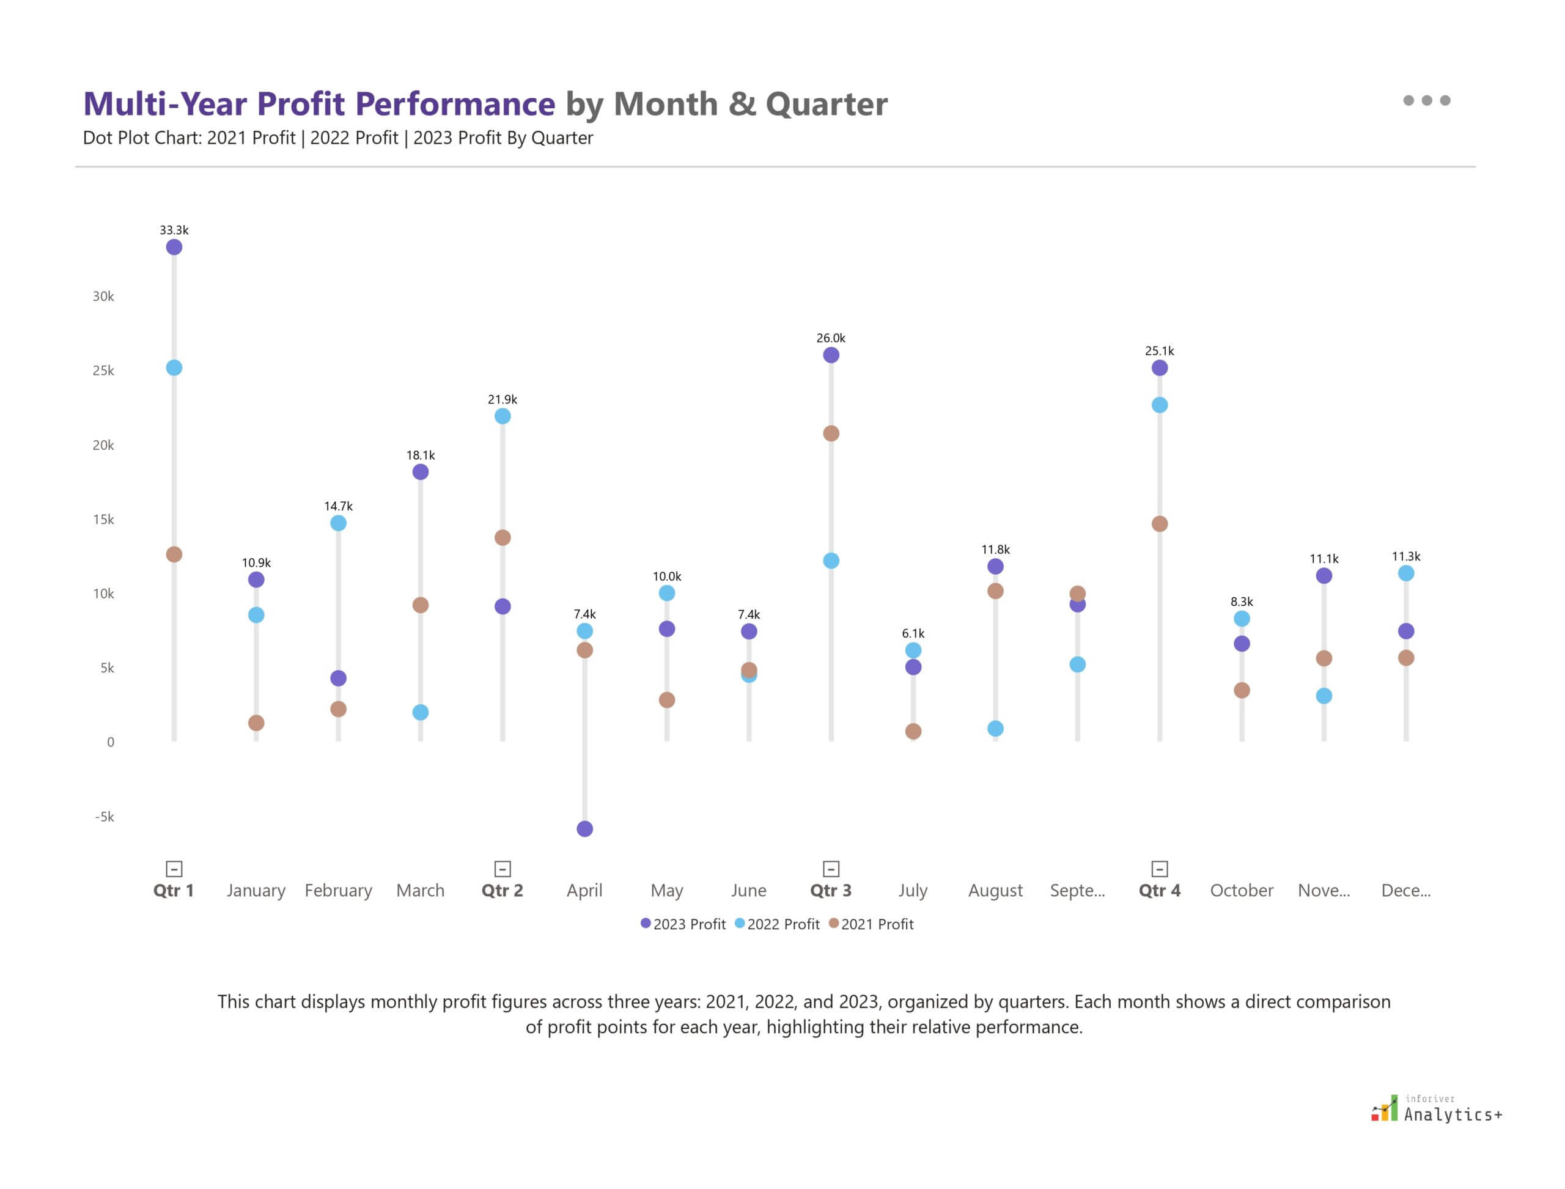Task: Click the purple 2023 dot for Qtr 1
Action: [x=174, y=247]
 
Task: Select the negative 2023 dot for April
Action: [x=584, y=829]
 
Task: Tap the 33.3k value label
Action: [x=174, y=230]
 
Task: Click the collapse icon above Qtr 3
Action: [x=831, y=869]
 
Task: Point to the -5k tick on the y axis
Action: [x=105, y=817]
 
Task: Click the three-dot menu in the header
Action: [x=1426, y=100]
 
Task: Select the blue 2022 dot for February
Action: [x=338, y=523]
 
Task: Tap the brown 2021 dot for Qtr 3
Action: [x=831, y=433]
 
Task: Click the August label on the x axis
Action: [x=995, y=890]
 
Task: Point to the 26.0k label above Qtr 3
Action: [x=831, y=338]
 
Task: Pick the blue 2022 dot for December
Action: [x=1405, y=573]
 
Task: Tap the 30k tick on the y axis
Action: [x=103, y=296]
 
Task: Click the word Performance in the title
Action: [x=454, y=104]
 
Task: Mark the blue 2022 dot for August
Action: [x=995, y=728]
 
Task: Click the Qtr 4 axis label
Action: [x=1160, y=890]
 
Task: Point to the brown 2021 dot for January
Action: [x=256, y=723]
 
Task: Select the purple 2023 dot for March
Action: [x=421, y=472]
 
